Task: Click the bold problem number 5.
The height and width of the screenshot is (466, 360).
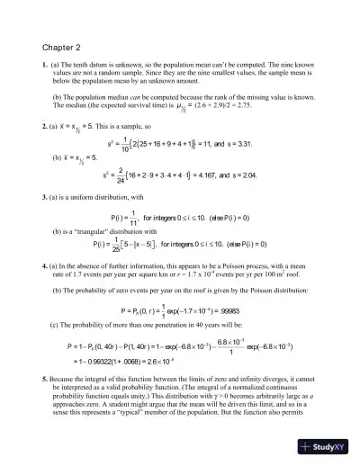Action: pyautogui.click(x=44, y=383)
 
